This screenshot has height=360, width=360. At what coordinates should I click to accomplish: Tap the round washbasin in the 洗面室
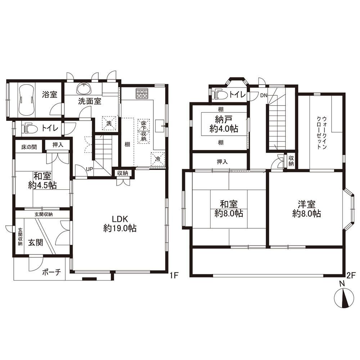pos(84,89)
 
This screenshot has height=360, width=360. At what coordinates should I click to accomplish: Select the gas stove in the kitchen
pos(142,94)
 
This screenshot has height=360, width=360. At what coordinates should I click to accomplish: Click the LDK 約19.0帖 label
pos(120,224)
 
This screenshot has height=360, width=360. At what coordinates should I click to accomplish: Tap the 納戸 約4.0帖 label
pos(224,124)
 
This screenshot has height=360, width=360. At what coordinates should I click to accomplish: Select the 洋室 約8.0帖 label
pos(306,209)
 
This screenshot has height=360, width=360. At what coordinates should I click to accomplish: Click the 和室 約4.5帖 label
pos(42,180)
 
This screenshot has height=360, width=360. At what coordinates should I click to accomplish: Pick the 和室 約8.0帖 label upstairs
pos(229,209)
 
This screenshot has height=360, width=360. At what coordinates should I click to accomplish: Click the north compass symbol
pos(344,298)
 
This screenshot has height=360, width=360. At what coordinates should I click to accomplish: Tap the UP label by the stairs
pos(89,169)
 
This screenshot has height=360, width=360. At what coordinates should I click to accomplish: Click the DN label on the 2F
pos(264,95)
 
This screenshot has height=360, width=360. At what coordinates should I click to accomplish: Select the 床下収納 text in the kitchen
pos(144,131)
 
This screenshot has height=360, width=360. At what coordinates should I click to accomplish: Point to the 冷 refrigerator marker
pos(158,159)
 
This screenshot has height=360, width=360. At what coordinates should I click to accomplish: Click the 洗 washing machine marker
pos(109,123)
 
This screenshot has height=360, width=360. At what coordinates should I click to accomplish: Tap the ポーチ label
pos(51,272)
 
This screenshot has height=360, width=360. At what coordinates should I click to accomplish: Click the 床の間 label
pos(29,147)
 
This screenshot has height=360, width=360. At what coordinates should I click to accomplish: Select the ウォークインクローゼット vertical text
pos(321,133)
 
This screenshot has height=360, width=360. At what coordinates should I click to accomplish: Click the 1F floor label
pos(174,275)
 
